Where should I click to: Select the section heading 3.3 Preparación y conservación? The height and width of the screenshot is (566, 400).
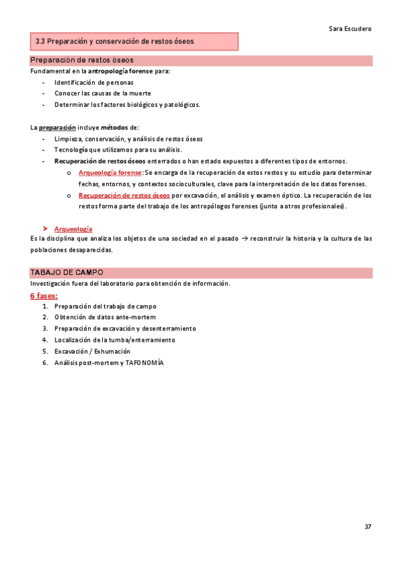coord(114,41)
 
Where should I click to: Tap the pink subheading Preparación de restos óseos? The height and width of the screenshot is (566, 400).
coord(81,61)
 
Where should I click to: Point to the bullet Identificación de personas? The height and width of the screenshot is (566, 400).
coord(93,82)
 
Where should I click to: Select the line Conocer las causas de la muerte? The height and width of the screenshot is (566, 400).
coord(102,93)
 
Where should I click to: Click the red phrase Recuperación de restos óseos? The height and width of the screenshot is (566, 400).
coord(124,196)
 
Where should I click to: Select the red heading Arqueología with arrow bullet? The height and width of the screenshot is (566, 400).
coord(73,228)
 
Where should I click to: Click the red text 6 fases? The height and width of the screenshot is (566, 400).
coord(43,295)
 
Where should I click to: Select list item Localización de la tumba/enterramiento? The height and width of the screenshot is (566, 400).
coord(115,340)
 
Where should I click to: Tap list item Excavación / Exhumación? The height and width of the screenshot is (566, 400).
coord(92,351)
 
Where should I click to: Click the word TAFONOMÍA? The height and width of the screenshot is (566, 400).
coord(143,362)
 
